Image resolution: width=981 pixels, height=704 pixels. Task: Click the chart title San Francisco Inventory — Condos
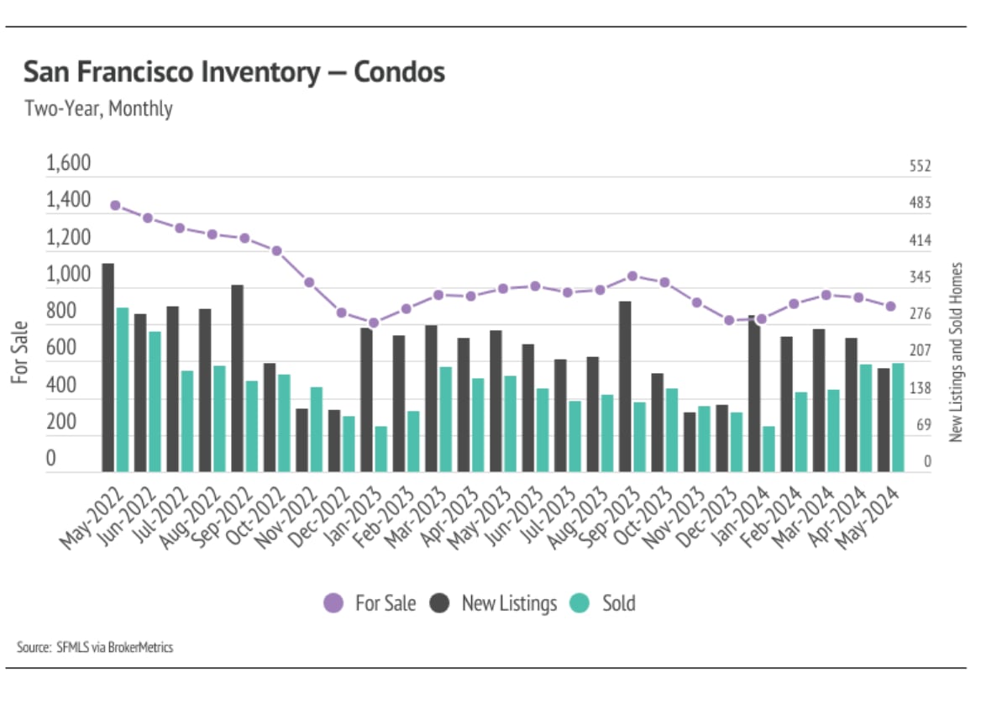coord(233,73)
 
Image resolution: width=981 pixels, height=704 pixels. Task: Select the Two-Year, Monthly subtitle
coord(98,109)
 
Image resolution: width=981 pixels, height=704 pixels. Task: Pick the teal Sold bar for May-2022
coord(123,390)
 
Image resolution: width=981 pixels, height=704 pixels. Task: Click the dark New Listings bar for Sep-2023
coord(625,386)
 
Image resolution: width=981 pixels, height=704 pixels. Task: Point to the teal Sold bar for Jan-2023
coord(381,449)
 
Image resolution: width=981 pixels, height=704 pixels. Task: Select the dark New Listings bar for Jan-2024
coord(754,393)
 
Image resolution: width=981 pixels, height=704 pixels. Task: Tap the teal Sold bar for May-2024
coord(898,418)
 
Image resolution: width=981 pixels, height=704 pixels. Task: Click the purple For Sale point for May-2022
coord(116,206)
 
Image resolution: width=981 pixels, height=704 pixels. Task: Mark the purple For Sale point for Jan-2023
coord(374,323)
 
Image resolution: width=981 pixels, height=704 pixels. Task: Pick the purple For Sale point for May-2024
coord(890,307)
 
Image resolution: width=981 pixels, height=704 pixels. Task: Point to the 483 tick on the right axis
coord(921,203)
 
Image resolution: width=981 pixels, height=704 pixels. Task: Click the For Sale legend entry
coord(370,603)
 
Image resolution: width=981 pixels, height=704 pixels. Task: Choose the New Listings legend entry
coord(494,603)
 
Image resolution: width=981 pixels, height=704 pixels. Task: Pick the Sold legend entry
coord(604,603)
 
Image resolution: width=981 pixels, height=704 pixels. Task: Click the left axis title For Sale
coord(20,353)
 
